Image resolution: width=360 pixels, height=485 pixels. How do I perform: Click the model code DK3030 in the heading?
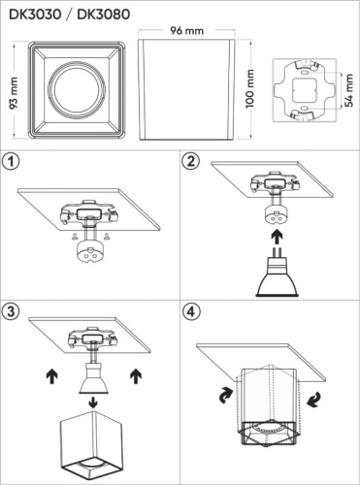(x=35, y=15)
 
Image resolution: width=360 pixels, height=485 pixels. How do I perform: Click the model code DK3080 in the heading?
(x=104, y=15)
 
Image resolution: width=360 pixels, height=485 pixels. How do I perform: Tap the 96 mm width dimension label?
(x=187, y=31)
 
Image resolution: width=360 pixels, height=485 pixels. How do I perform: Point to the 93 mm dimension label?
(x=14, y=93)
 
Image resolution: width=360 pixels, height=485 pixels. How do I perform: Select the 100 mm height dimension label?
(x=249, y=88)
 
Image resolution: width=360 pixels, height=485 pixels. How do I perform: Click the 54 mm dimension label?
(x=348, y=90)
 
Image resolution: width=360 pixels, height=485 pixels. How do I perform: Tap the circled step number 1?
(x=11, y=161)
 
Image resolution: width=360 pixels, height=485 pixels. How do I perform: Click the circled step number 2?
(x=191, y=161)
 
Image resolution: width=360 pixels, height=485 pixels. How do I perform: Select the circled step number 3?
(x=11, y=311)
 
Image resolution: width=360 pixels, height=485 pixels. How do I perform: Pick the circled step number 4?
(x=191, y=311)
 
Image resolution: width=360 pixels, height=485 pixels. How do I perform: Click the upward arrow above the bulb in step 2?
(x=277, y=238)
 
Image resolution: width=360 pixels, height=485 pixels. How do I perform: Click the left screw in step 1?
(x=75, y=237)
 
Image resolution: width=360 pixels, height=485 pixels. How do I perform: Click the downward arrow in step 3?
(x=93, y=403)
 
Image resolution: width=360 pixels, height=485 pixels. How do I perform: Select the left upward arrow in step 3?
(x=52, y=377)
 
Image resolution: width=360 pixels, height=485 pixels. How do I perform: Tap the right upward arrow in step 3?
(x=136, y=377)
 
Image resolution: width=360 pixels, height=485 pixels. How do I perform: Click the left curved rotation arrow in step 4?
(x=226, y=395)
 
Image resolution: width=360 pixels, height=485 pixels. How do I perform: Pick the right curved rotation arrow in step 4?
(x=313, y=399)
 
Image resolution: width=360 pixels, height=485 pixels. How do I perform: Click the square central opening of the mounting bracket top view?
(x=305, y=91)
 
